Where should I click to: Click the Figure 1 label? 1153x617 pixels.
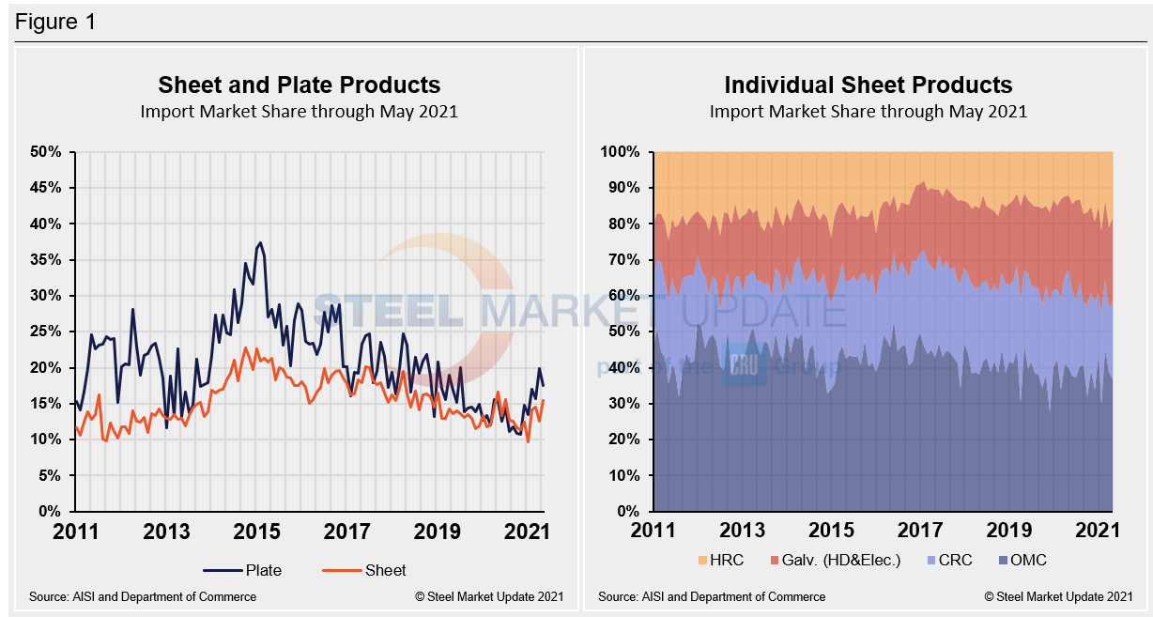click(x=54, y=21)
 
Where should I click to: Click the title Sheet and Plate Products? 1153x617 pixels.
click(x=299, y=85)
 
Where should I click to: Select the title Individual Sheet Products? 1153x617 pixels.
click(x=868, y=85)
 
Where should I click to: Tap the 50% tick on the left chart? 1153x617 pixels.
click(x=45, y=152)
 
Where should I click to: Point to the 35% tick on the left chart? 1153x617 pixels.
click(x=45, y=260)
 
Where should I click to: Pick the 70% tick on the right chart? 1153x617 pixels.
click(x=620, y=260)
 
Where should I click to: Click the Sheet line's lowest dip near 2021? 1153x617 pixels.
click(x=528, y=441)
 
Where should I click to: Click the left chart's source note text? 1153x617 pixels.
click(x=143, y=596)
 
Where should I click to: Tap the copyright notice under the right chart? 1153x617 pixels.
click(x=1058, y=596)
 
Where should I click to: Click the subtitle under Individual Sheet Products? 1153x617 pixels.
click(x=868, y=111)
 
